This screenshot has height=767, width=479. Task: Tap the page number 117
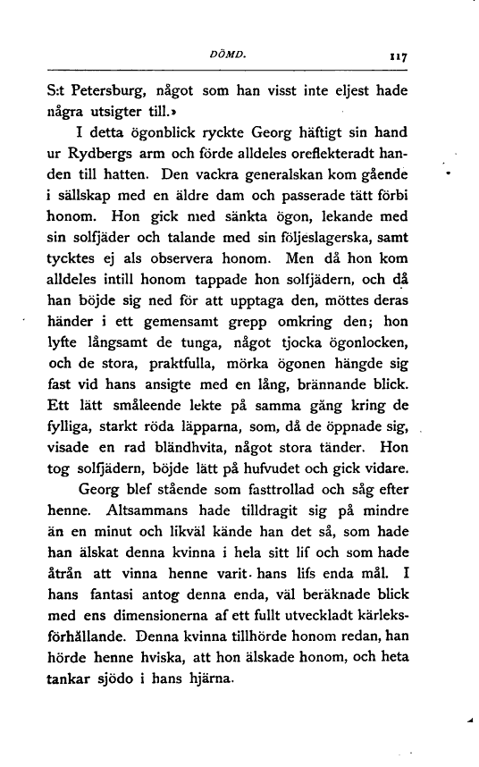[399, 56]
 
